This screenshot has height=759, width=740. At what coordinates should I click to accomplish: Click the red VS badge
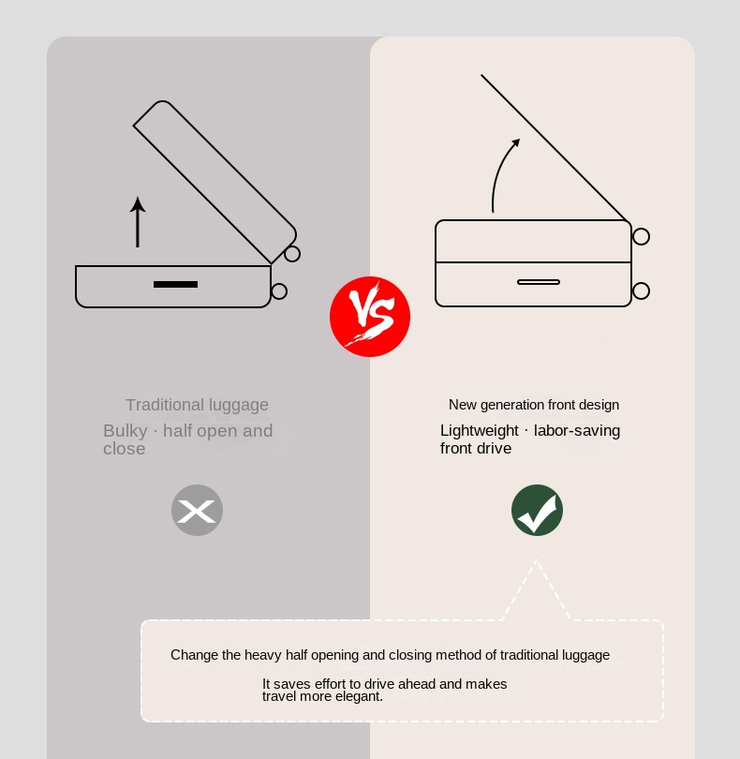(x=370, y=317)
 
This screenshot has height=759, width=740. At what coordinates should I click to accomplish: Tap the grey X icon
(x=197, y=510)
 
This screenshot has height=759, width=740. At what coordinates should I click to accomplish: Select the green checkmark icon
(x=538, y=510)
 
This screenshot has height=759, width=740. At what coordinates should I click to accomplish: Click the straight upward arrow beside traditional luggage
(x=138, y=222)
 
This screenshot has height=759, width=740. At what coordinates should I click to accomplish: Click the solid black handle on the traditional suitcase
(x=175, y=284)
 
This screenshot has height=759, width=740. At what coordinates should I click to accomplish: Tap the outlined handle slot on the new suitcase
(x=539, y=282)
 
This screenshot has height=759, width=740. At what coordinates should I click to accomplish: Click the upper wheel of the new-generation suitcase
(x=642, y=237)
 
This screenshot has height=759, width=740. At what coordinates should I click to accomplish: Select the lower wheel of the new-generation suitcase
(x=642, y=290)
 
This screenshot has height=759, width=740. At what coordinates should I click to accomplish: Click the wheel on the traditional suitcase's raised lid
(x=292, y=254)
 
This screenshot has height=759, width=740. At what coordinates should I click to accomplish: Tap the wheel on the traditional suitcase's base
(x=279, y=291)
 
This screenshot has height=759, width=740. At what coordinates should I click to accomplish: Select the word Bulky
(x=126, y=431)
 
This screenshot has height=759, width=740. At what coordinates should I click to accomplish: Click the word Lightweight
(x=480, y=430)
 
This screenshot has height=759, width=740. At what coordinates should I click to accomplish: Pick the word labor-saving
(x=577, y=430)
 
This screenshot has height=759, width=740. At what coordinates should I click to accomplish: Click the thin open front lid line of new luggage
(x=555, y=148)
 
